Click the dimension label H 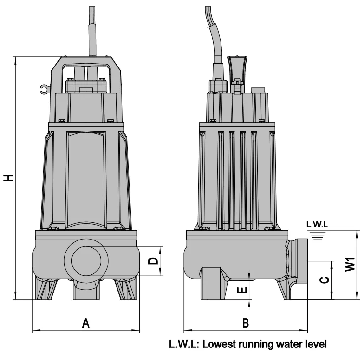[x=9, y=177]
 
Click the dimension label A [x=86, y=323]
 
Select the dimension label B [x=246, y=323]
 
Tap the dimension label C [x=325, y=280]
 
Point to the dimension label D [x=153, y=261]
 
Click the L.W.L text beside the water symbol [x=317, y=224]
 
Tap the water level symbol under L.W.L [x=317, y=234]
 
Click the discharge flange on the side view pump [x=299, y=267]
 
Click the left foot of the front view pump [x=46, y=289]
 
